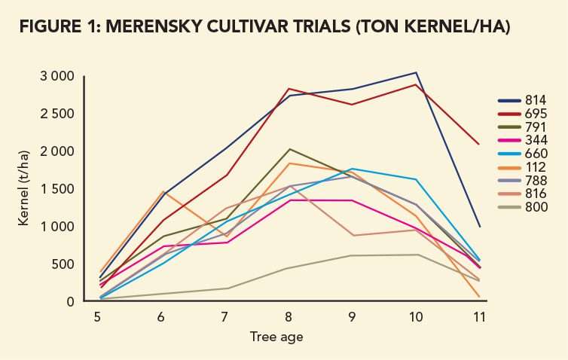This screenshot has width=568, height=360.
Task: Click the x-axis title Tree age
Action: click(276, 337)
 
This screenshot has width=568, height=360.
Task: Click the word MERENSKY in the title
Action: click(153, 29)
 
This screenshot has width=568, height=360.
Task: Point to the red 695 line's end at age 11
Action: click(480, 144)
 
